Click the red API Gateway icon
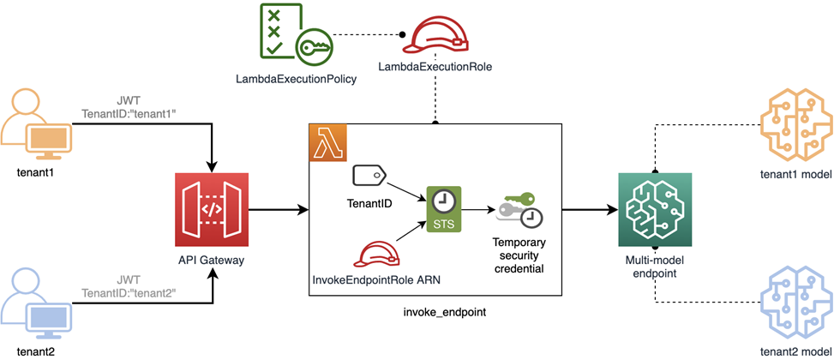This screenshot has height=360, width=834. (212, 209)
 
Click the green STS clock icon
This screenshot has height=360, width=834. (443, 208)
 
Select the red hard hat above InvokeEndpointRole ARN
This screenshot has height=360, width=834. (378, 255)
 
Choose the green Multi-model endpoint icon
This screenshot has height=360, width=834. (654, 209)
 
